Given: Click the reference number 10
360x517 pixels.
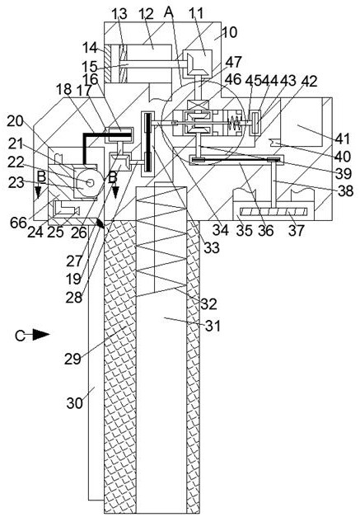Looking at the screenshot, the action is [x=230, y=32].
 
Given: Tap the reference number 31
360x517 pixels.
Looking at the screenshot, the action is [x=213, y=326].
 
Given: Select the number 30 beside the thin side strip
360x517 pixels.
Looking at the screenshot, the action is [x=74, y=403].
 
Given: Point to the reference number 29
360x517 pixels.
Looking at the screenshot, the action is [x=72, y=359].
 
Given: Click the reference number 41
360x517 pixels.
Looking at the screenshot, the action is [x=343, y=139].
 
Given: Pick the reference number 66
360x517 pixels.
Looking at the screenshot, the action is [x=18, y=223].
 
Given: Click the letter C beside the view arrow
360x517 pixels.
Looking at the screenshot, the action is [x=20, y=336].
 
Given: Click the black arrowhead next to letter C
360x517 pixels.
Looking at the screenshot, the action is [x=41, y=335].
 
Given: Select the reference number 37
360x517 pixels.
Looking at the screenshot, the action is [x=296, y=230].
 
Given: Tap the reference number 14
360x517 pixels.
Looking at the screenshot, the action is [x=90, y=48].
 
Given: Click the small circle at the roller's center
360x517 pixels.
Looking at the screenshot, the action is [x=89, y=182].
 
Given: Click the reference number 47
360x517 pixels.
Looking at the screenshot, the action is [x=233, y=62].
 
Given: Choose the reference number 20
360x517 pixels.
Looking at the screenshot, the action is [x=16, y=121].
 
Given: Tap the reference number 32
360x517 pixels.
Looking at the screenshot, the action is [x=208, y=303].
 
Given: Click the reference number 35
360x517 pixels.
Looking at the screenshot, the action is [x=245, y=231].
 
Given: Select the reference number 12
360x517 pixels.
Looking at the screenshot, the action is [x=146, y=14].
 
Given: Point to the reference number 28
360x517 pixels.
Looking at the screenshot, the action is [x=74, y=298].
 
